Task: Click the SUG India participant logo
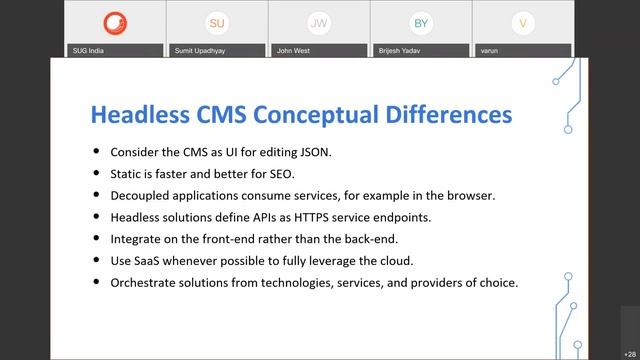115,22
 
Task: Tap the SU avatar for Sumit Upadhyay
217,22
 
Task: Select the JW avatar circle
319,22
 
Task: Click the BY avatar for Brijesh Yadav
421,22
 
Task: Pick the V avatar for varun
521,22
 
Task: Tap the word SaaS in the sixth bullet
151,261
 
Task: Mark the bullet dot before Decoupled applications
96,196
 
